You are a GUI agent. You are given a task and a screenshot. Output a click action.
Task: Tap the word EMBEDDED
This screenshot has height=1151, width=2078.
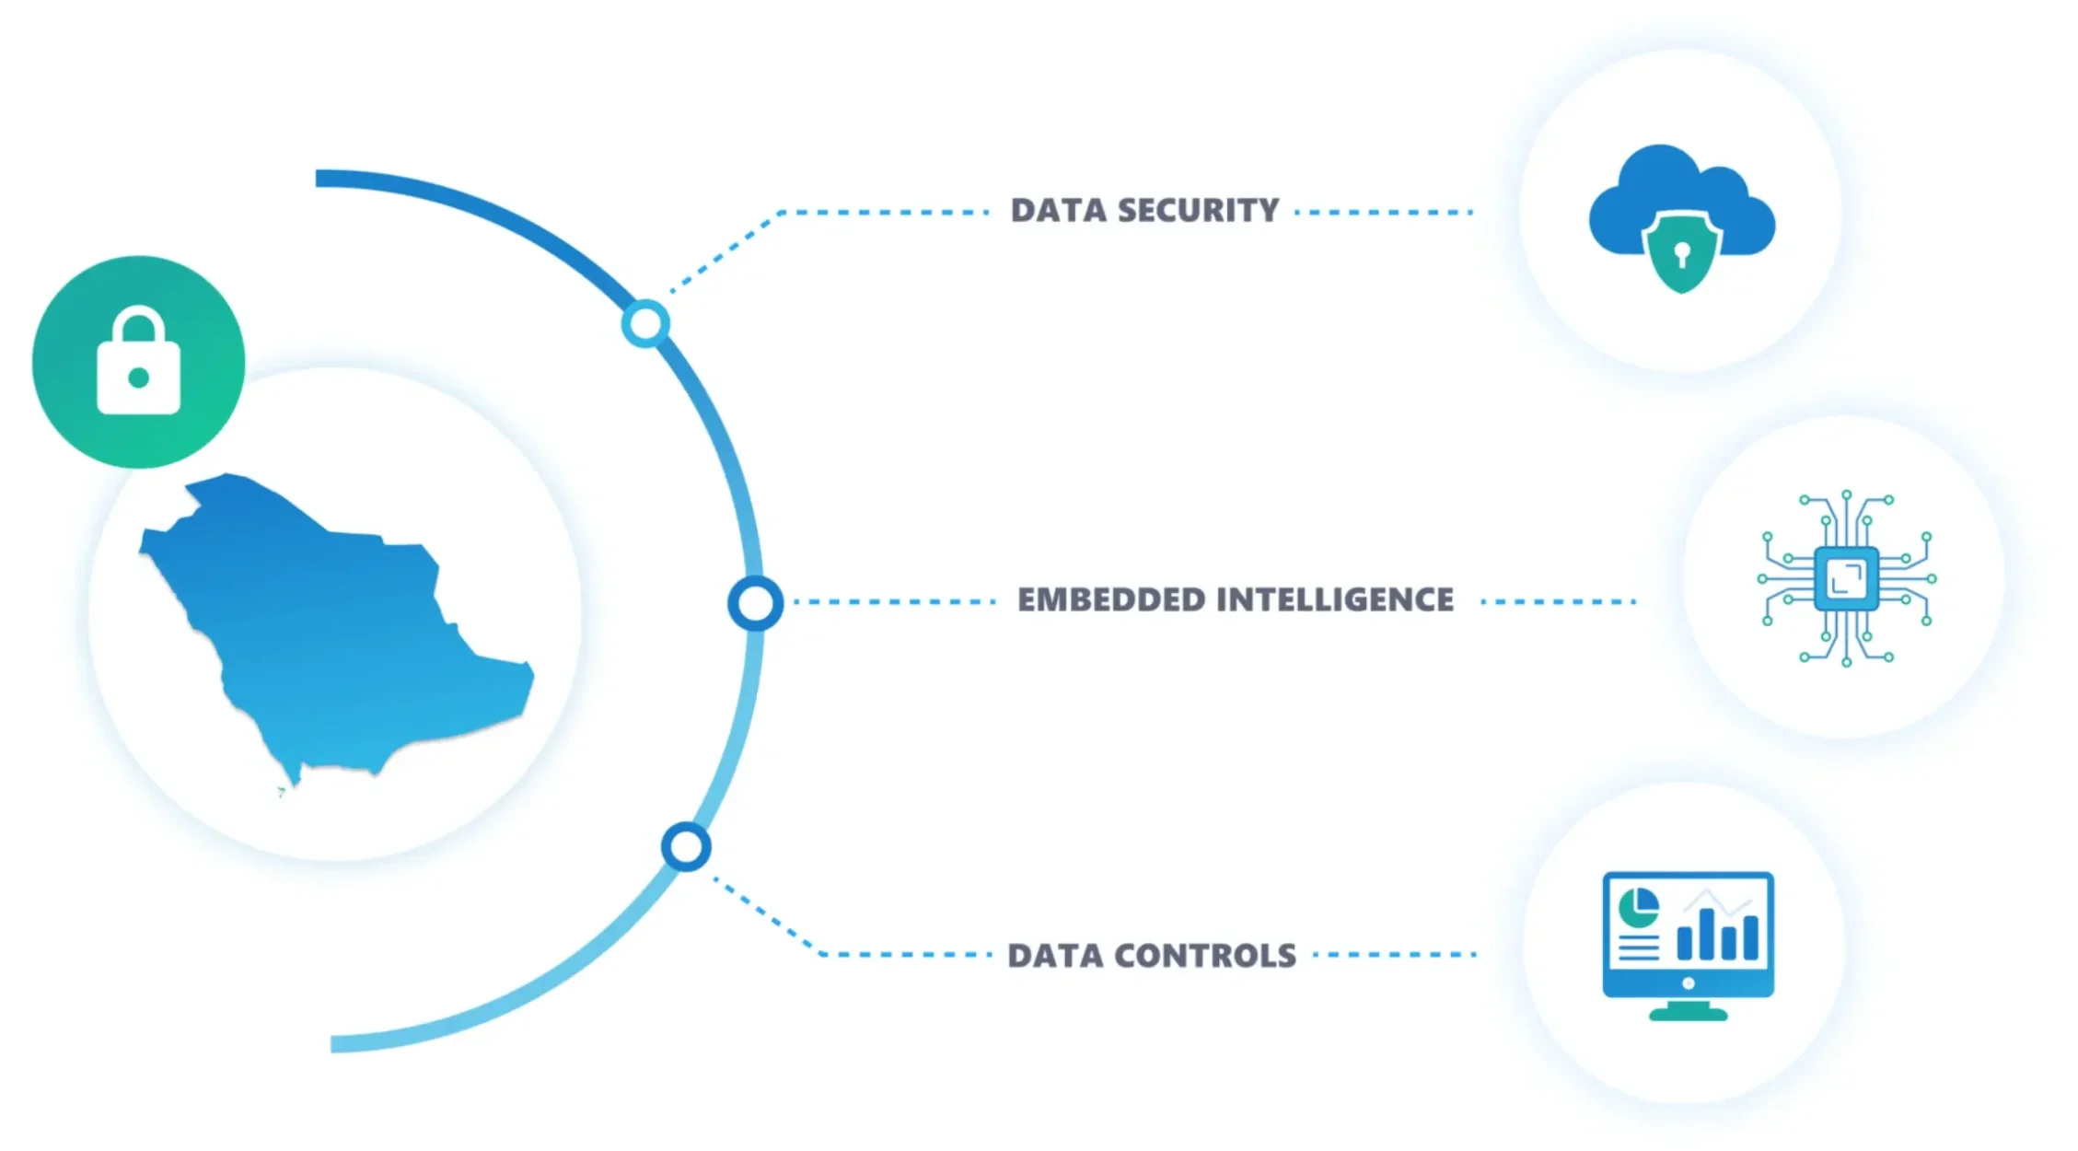(1110, 600)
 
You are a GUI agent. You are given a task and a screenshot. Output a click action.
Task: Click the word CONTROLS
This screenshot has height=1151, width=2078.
(1205, 956)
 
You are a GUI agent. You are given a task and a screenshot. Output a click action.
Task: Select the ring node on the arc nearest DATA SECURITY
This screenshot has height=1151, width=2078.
(645, 323)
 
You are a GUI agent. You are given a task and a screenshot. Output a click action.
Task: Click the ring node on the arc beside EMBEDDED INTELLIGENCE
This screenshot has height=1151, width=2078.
(755, 603)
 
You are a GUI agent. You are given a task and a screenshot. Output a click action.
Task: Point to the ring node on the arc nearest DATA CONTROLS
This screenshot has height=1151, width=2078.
(686, 846)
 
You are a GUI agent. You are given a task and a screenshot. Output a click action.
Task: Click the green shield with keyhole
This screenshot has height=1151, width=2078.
(1682, 254)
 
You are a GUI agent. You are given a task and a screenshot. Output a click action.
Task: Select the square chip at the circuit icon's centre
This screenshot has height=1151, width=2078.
(1846, 578)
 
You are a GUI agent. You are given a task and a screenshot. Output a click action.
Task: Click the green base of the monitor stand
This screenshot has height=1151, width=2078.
(1688, 1014)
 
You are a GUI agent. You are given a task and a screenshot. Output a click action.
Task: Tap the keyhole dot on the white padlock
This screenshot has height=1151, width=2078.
(138, 378)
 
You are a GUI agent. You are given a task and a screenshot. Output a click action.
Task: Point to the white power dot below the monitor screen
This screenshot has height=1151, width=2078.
(1688, 983)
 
